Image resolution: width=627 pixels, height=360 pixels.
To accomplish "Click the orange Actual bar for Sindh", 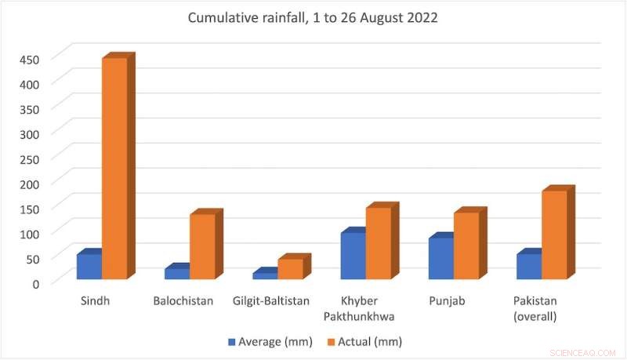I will pyautogui.click(x=114, y=169).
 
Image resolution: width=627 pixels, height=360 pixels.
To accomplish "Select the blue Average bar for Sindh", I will pyautogui.click(x=89, y=266).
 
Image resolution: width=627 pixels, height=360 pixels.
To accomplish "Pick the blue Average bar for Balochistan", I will pyautogui.click(x=177, y=273).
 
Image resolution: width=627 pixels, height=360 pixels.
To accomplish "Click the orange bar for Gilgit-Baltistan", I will pyautogui.click(x=290, y=268).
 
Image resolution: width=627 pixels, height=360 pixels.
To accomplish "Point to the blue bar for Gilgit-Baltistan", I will pyautogui.click(x=265, y=275).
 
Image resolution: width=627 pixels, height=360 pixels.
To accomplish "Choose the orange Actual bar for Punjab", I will pyautogui.click(x=466, y=245).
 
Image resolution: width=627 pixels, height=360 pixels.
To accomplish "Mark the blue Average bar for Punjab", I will pyautogui.click(x=440, y=258).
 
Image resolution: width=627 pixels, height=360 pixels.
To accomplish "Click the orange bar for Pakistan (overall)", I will pyautogui.click(x=553, y=235).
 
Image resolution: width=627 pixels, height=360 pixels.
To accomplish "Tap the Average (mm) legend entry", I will pyautogui.click(x=270, y=341).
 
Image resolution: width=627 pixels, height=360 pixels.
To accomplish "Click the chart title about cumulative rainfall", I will pyautogui.click(x=313, y=18).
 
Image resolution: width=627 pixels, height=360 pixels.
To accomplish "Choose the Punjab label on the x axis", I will pyautogui.click(x=447, y=301).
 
